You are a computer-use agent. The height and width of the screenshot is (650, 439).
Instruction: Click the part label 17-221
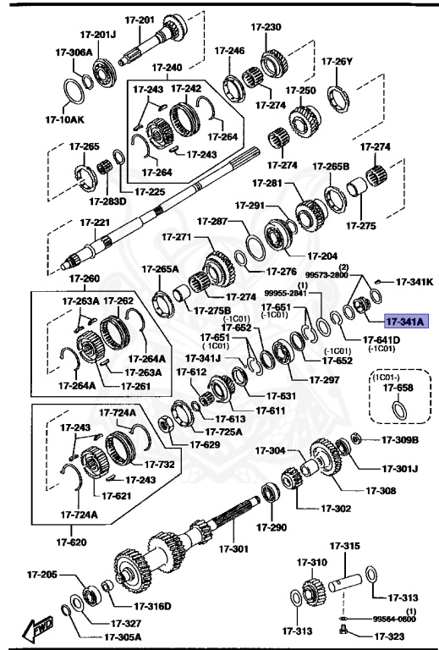(95, 223)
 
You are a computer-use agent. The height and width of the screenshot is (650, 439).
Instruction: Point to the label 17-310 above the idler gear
(311, 561)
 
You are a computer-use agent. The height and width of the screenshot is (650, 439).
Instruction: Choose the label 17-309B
(400, 439)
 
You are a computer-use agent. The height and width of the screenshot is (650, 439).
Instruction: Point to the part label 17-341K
(414, 281)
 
